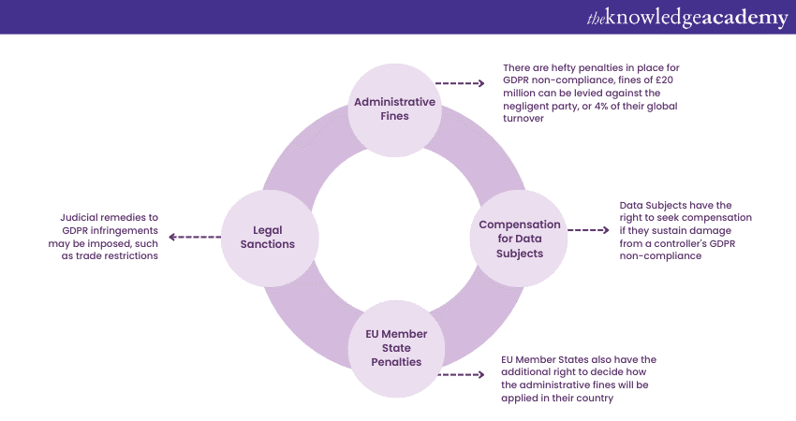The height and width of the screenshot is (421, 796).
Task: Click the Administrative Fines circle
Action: click(x=393, y=109)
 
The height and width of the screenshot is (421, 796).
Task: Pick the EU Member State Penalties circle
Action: click(x=393, y=348)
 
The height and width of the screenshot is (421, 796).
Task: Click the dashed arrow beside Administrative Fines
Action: click(x=461, y=83)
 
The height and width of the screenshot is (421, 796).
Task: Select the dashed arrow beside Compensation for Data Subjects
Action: click(x=588, y=229)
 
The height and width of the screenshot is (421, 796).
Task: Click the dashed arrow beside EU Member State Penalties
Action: click(x=461, y=374)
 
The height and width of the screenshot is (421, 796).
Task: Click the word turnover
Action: click(x=523, y=119)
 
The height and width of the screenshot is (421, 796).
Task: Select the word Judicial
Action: click(x=78, y=216)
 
